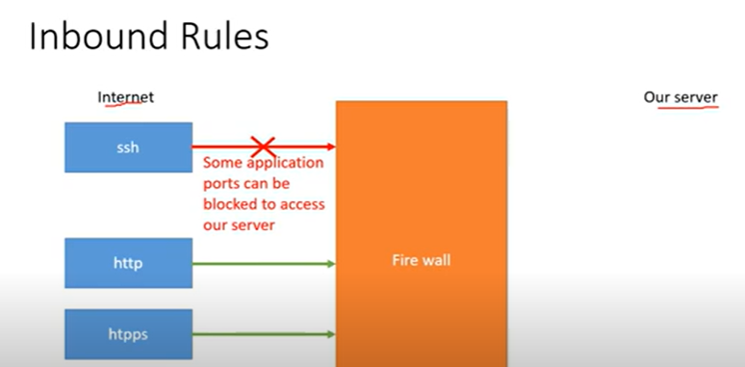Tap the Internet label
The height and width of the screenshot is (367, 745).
point(126,97)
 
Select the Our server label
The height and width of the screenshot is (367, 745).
point(681,97)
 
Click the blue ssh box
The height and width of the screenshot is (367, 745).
point(128,147)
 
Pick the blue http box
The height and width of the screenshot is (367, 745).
point(128,263)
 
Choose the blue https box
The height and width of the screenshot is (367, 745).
point(128,333)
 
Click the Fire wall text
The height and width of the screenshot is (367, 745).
point(421,260)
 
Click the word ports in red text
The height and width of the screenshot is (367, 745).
point(223,184)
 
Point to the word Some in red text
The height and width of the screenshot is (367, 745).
point(221,164)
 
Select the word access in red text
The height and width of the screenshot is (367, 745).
point(302,204)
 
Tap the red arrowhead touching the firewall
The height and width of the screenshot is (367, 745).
point(330,146)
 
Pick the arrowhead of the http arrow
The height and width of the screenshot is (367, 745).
point(330,263)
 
